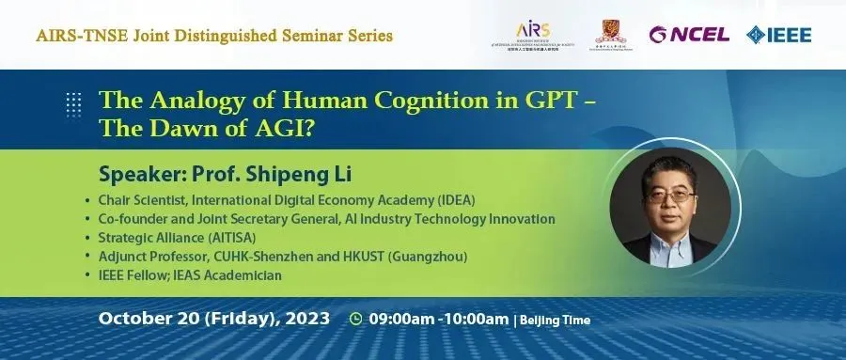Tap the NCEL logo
coord(689,35)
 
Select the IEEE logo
coord(779,35)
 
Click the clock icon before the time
coord(355,319)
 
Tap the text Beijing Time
coord(556,320)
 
